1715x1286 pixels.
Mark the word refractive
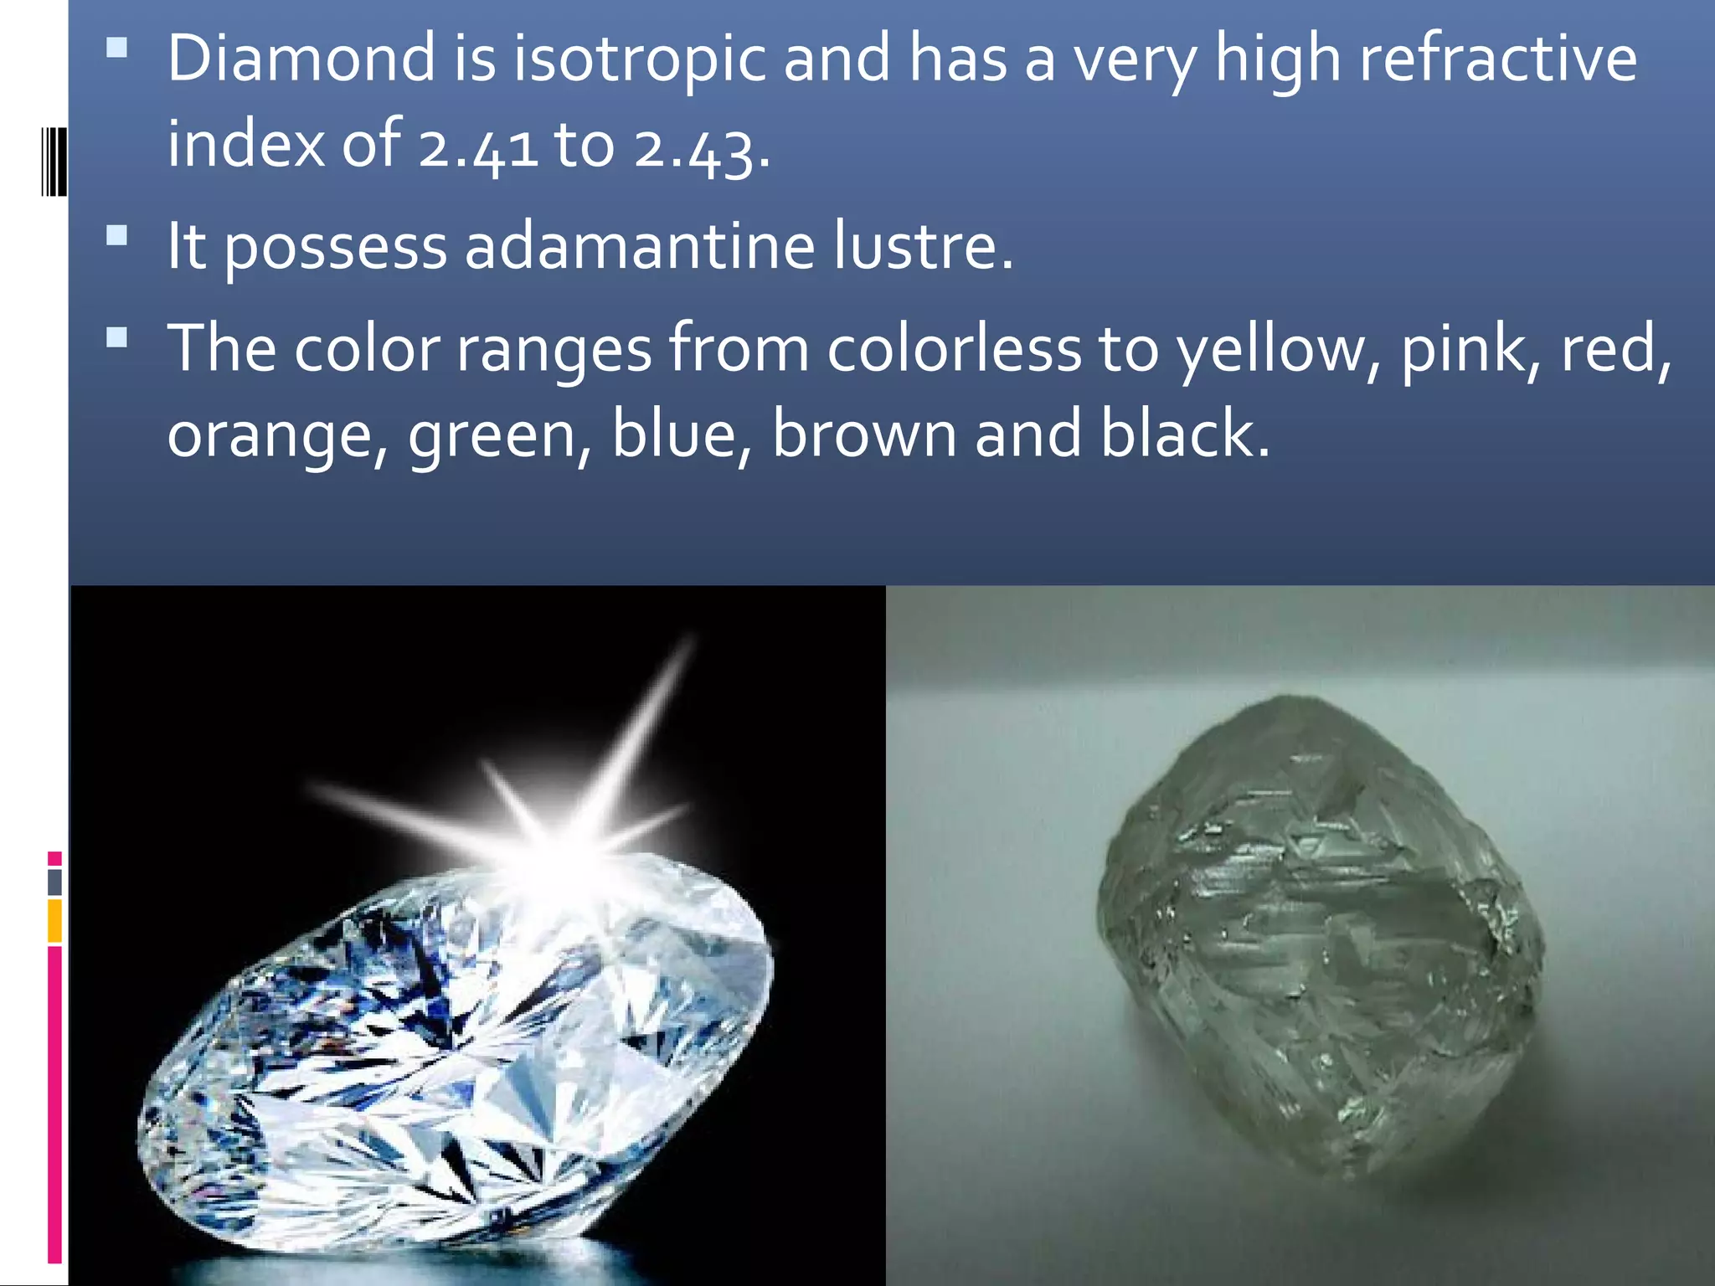point(1497,59)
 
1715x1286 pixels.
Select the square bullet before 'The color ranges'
point(117,337)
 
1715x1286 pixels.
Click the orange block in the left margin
point(54,920)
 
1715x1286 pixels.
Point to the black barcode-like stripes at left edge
point(54,161)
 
